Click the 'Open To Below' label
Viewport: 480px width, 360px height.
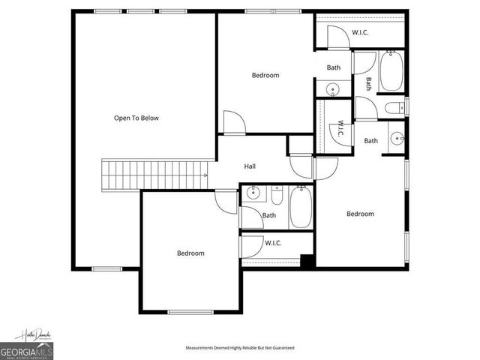136,118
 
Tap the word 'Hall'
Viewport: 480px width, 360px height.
250,166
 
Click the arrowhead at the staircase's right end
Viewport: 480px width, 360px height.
205,175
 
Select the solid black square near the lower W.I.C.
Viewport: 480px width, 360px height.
306,261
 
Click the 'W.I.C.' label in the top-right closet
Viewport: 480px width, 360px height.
361,32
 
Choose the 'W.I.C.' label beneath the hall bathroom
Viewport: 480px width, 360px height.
273,242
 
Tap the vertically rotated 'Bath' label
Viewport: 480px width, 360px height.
368,84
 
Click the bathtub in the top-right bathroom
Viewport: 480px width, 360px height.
391,72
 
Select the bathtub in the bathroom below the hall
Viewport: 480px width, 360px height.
300,208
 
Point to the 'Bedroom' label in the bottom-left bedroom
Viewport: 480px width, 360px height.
190,253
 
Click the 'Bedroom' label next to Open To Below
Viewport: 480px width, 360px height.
265,75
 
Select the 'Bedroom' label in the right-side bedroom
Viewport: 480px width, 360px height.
360,214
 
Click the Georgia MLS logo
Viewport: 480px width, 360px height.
25,350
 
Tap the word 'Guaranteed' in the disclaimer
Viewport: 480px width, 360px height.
281,348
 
